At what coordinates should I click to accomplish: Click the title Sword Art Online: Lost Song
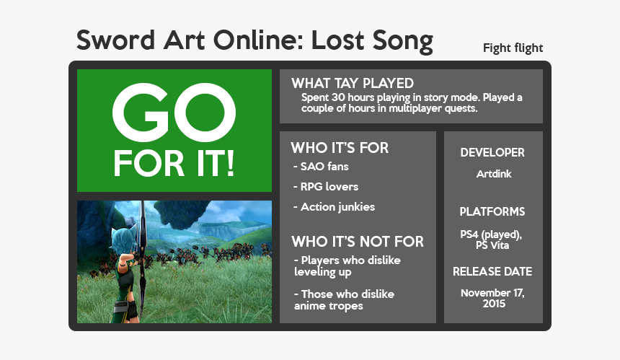point(254,40)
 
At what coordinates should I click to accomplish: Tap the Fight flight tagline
point(513,48)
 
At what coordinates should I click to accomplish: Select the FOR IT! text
point(174,164)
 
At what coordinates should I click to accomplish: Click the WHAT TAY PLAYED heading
point(352,84)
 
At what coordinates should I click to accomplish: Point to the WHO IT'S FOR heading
point(340,148)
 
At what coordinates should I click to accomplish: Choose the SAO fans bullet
point(321,167)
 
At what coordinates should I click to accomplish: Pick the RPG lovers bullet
point(325,187)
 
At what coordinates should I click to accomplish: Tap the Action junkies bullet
point(334,207)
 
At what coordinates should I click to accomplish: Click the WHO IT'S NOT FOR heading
point(357,241)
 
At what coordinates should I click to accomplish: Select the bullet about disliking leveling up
point(346,265)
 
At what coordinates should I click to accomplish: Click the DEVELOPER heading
point(492,153)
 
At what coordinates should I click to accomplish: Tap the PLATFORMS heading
point(492,212)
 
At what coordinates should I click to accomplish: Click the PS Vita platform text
point(492,246)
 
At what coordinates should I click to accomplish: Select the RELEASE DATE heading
point(492,272)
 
